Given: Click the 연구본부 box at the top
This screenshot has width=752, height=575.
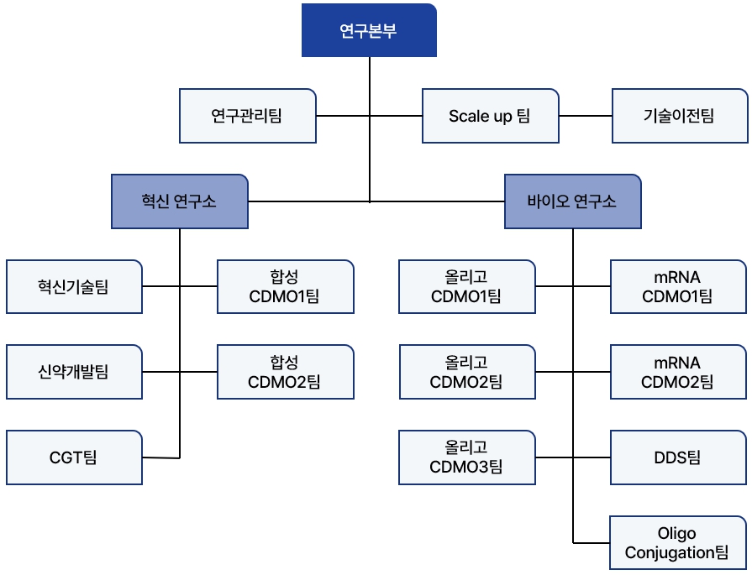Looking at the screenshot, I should (369, 31).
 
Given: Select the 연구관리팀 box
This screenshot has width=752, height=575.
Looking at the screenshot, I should (247, 116).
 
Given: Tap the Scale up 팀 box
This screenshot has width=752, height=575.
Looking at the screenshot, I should (489, 116).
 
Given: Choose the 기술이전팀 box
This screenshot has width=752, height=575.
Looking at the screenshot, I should (679, 116).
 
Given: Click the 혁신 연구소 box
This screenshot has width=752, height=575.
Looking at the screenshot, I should (179, 201).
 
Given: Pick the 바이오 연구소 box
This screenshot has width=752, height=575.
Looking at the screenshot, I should (572, 201).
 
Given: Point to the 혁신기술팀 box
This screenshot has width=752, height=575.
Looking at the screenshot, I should (74, 287).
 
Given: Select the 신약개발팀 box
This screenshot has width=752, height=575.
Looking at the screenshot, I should (74, 372).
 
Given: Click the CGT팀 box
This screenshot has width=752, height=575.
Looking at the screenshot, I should (74, 457).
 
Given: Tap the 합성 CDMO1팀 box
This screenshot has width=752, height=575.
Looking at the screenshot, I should (285, 287).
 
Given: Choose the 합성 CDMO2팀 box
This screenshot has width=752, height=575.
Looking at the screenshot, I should (285, 372).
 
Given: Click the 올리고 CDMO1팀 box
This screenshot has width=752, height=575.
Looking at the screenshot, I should (466, 287).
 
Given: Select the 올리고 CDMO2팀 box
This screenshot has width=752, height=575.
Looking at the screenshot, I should (466, 372).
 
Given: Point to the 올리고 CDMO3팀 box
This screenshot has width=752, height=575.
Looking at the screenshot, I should (466, 457).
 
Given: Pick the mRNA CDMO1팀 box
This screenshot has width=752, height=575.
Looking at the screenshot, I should (678, 287).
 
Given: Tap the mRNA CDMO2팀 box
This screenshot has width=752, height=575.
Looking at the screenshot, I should (678, 372).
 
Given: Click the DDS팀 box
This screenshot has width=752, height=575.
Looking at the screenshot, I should (678, 457).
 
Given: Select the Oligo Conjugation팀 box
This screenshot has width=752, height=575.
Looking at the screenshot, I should (678, 543).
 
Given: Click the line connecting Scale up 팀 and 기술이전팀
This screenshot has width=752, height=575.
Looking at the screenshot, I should (586, 116).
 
